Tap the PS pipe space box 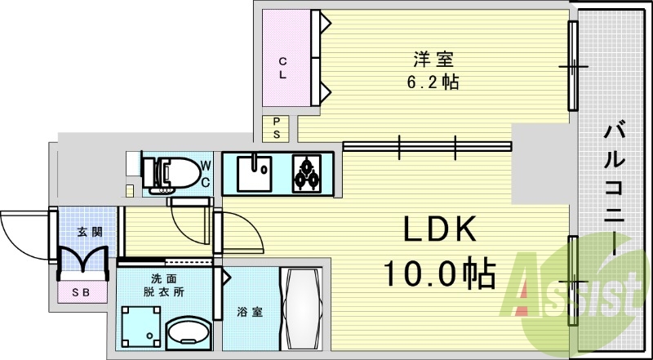pyautogui.click(x=277, y=128)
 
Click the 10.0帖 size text pyautogui.click(x=439, y=274)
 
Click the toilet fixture pyautogui.click(x=172, y=172)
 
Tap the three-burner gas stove pyautogui.click(x=308, y=173)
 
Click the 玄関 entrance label pyautogui.click(x=90, y=232)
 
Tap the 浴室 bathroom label pyautogui.click(x=249, y=311)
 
